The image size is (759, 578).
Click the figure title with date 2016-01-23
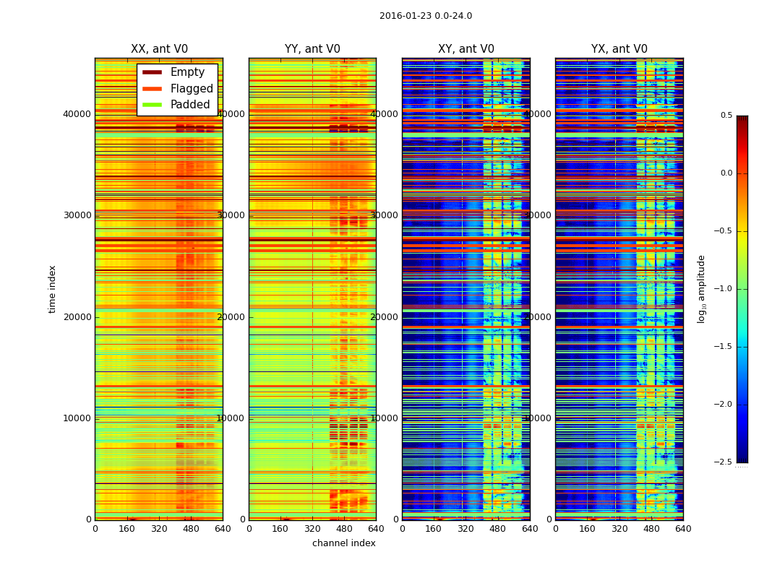point(426,16)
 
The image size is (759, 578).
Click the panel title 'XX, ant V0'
point(159,49)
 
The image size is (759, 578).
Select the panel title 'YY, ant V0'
point(312,49)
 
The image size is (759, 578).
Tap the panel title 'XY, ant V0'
point(466,49)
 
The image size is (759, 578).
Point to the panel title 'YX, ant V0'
point(619,49)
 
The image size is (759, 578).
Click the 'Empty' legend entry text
point(187,72)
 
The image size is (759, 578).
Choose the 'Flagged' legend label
point(192,89)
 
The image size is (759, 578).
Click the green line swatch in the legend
point(152,105)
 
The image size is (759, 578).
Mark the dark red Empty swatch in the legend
point(152,72)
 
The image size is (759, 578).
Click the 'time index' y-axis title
point(52,289)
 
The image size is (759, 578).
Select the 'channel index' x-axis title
point(344,543)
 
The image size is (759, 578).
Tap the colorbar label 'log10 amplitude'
point(701,289)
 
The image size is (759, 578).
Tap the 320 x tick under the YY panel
point(312,529)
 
